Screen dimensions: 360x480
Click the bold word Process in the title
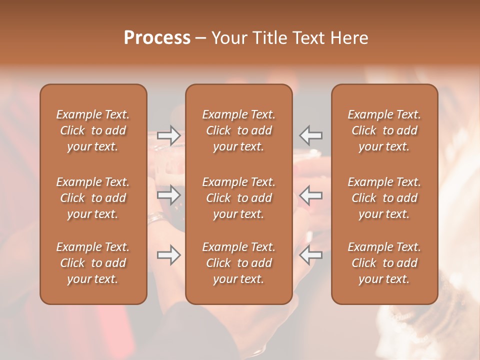157,38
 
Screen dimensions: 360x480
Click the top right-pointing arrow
169,135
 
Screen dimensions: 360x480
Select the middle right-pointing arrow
169,195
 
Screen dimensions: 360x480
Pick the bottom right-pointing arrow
169,255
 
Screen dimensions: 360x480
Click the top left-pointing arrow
310,135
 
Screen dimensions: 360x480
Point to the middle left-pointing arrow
310,195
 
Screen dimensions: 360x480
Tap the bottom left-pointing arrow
310,255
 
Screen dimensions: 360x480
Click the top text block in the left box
93,130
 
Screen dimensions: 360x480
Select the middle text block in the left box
93,198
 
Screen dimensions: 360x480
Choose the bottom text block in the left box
93,263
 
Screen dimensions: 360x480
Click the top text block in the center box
239,130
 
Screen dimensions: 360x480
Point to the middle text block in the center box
239,198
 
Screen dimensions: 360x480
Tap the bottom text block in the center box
239,263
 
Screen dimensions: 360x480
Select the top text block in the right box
384,130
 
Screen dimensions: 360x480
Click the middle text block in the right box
384,198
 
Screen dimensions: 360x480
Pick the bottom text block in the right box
384,263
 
